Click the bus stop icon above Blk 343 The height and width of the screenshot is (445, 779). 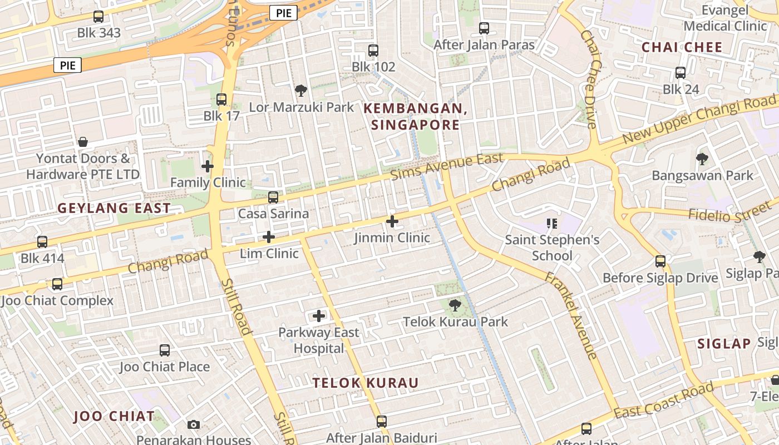click(98, 17)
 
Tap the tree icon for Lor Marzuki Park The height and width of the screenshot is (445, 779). click(300, 90)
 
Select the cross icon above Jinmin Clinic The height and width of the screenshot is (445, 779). click(392, 221)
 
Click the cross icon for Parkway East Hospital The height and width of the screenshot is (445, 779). click(319, 316)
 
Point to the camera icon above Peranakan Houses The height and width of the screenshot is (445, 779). click(194, 424)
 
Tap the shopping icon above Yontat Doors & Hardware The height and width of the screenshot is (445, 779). click(83, 142)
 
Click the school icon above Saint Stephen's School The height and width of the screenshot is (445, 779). click(552, 224)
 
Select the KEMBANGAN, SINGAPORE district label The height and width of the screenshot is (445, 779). click(415, 117)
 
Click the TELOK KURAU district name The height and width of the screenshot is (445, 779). click(365, 383)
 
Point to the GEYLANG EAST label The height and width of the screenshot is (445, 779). click(114, 209)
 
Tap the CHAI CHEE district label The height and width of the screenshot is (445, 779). click(682, 47)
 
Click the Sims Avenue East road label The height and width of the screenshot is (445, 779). click(447, 166)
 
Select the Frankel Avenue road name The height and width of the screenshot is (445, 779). click(571, 315)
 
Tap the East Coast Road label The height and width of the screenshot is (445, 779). click(663, 401)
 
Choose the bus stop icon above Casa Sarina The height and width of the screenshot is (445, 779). click(273, 197)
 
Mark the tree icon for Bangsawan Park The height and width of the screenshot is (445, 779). click(702, 159)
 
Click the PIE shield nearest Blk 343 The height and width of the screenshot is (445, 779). click(68, 65)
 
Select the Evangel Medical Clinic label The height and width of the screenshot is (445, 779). click(725, 18)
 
